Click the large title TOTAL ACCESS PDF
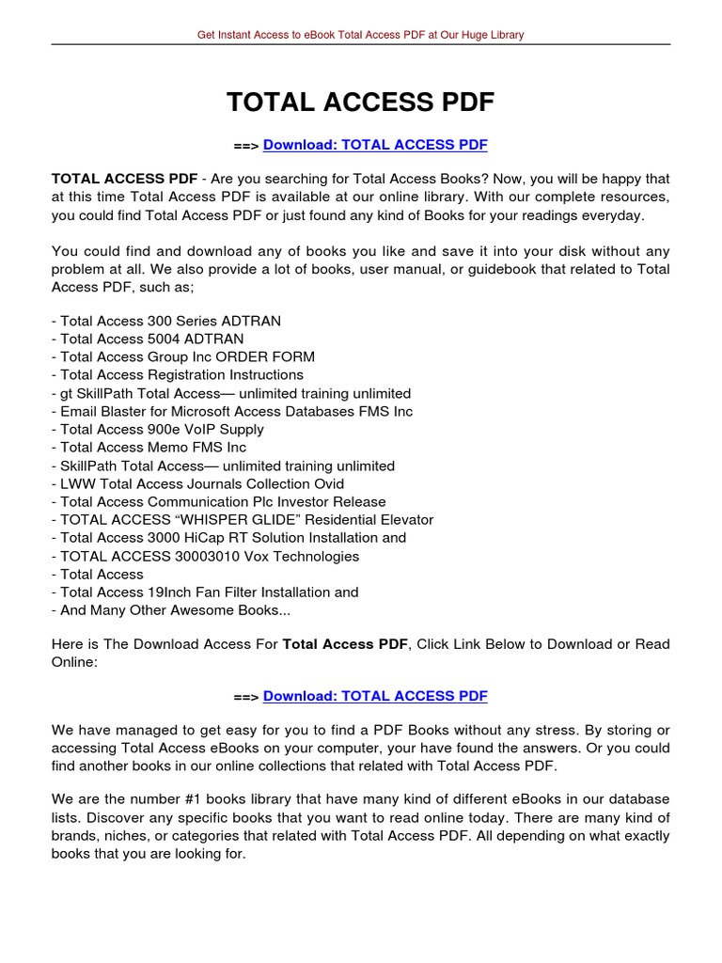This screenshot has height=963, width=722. (x=360, y=103)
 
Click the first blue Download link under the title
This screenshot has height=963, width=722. (x=375, y=145)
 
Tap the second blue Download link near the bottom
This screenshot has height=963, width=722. (x=375, y=696)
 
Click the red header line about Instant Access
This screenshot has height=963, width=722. (x=360, y=35)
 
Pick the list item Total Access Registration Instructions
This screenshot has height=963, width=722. (x=178, y=375)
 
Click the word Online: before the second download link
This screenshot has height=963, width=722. (x=74, y=662)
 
